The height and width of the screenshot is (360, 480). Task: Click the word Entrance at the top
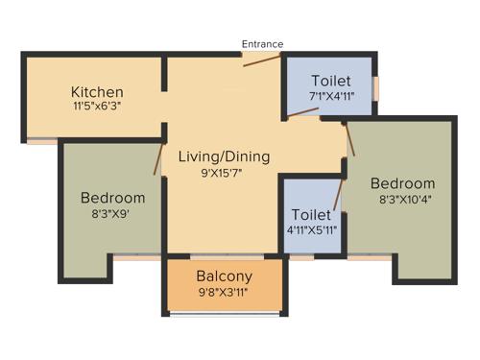click(x=262, y=43)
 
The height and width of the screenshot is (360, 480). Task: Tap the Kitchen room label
click(x=96, y=92)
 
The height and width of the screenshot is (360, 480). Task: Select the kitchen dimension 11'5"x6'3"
click(x=96, y=107)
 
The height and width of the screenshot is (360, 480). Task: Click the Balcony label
click(x=224, y=276)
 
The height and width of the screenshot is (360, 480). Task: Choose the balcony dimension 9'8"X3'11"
click(x=224, y=292)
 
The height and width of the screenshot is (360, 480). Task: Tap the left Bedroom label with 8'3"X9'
click(x=112, y=198)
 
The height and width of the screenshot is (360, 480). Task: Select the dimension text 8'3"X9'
click(x=112, y=215)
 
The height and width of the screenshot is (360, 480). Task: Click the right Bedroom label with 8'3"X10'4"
click(x=402, y=183)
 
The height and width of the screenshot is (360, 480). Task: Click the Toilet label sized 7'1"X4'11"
click(x=332, y=81)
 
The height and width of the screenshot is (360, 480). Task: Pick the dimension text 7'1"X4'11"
click(x=332, y=96)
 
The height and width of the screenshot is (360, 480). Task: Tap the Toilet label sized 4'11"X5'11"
click(x=311, y=215)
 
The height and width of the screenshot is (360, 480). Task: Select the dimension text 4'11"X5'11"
click(x=311, y=231)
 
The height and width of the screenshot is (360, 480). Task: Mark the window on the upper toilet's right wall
click(x=376, y=86)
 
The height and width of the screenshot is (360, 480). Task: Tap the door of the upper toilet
click(x=303, y=114)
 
